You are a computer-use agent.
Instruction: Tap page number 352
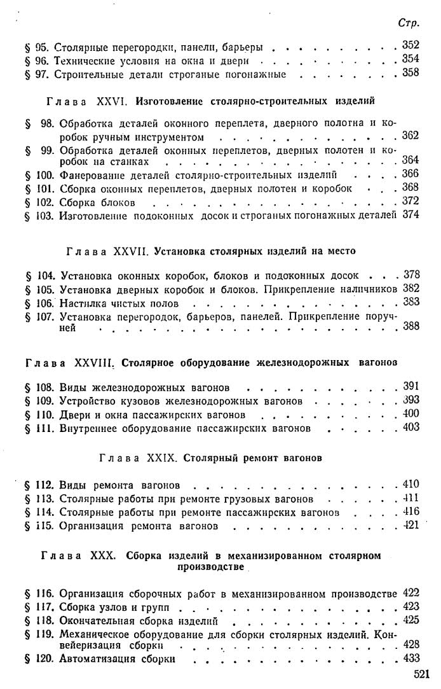coord(411,46)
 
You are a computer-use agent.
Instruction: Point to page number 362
coord(411,136)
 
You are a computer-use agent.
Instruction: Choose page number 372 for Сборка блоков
coord(411,202)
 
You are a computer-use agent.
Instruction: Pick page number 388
coord(411,327)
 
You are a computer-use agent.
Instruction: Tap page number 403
coord(411,428)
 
